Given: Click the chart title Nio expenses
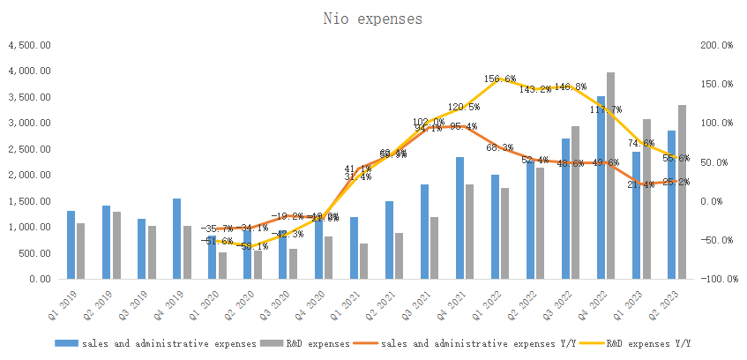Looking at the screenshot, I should tap(371, 18).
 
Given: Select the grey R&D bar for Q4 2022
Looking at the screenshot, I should tap(610, 176).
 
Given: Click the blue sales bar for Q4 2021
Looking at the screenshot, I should tap(459, 218).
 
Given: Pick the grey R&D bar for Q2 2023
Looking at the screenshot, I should tap(682, 191).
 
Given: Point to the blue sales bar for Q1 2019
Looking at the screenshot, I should tap(71, 244).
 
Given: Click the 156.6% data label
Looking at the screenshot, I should tap(500, 79).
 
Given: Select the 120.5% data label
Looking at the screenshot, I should tap(464, 107).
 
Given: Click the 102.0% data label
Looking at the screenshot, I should tap(429, 123).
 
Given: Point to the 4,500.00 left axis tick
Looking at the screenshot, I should tap(29, 45).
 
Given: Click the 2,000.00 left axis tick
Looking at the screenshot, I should tap(29, 176).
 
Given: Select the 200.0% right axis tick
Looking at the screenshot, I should tap(715, 45).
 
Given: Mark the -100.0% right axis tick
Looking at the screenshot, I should tap(713, 279).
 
